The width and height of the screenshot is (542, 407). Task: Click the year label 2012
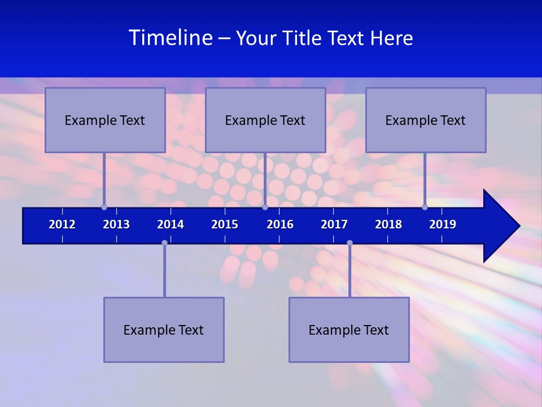[x=62, y=224]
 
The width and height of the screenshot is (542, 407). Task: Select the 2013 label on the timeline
[x=116, y=224]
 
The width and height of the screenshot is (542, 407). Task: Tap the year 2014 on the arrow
[x=171, y=224]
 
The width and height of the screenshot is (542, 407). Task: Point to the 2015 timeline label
[x=225, y=224]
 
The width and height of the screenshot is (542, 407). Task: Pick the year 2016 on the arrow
[x=280, y=224]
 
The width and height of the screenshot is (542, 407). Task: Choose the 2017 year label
[x=334, y=224]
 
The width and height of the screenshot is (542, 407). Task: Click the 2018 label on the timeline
[x=388, y=224]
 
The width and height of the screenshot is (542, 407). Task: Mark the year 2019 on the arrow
[x=443, y=224]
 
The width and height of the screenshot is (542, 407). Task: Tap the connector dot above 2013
[x=104, y=207]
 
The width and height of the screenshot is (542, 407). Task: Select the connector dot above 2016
[x=265, y=207]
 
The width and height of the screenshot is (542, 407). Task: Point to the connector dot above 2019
[x=425, y=207]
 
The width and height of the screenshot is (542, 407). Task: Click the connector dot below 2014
[x=164, y=243]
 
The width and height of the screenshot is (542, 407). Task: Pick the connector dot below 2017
[x=349, y=243]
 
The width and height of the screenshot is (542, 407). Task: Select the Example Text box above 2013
[x=105, y=120]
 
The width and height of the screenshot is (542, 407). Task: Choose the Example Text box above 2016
[x=265, y=120]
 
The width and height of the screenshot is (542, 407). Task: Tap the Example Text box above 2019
[x=426, y=120]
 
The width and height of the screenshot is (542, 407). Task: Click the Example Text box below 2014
[x=164, y=330]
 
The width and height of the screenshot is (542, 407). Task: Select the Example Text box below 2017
[x=349, y=330]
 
